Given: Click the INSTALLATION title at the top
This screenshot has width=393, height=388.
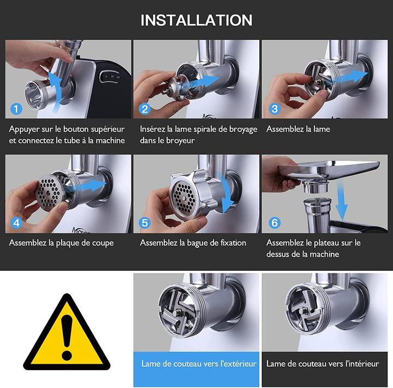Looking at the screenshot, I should (x=196, y=20).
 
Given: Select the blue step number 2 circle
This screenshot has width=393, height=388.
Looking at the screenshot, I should (x=145, y=109).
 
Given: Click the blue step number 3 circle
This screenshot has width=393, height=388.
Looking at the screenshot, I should (x=274, y=109).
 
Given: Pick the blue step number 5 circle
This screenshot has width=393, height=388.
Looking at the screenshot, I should (x=145, y=223).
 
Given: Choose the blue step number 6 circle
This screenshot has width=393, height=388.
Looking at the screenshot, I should (x=274, y=223).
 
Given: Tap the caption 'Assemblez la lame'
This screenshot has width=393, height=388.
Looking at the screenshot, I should (x=298, y=129).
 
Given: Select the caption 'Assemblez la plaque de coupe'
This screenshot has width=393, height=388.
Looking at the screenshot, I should (x=61, y=243).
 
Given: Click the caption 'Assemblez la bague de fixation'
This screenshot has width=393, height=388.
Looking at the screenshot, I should (x=193, y=243).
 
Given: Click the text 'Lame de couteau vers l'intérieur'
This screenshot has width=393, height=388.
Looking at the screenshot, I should (x=325, y=363).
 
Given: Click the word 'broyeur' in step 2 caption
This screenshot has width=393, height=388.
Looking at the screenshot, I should (x=182, y=140).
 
